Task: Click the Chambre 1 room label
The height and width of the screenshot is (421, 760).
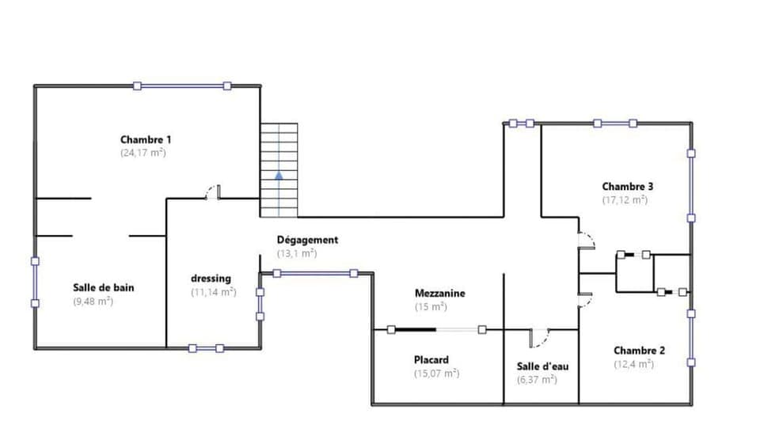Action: [146, 139]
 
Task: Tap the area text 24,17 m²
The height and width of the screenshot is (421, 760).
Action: [143, 152]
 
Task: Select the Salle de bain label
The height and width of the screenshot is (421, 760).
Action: [103, 287]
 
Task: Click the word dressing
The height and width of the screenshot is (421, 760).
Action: [211, 279]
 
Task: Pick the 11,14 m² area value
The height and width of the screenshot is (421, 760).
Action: [213, 292]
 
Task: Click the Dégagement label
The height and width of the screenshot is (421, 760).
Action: [307, 240]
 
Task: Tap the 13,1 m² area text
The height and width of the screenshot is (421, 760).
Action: [297, 253]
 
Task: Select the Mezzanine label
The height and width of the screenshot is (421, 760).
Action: [440, 293]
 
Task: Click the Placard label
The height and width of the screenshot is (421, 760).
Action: [431, 359]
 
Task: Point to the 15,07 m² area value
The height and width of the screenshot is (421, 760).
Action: [436, 373]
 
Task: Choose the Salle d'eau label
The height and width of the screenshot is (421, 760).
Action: [542, 366]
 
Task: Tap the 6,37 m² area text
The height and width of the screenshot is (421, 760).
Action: [537, 380]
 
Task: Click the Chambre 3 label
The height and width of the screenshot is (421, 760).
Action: [627, 187]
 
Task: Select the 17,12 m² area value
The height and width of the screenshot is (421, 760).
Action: [625, 200]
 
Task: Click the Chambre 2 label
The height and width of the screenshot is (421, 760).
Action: [639, 351]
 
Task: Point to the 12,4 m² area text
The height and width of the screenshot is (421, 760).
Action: [633, 364]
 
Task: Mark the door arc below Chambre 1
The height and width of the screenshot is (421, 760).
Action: [211, 192]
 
